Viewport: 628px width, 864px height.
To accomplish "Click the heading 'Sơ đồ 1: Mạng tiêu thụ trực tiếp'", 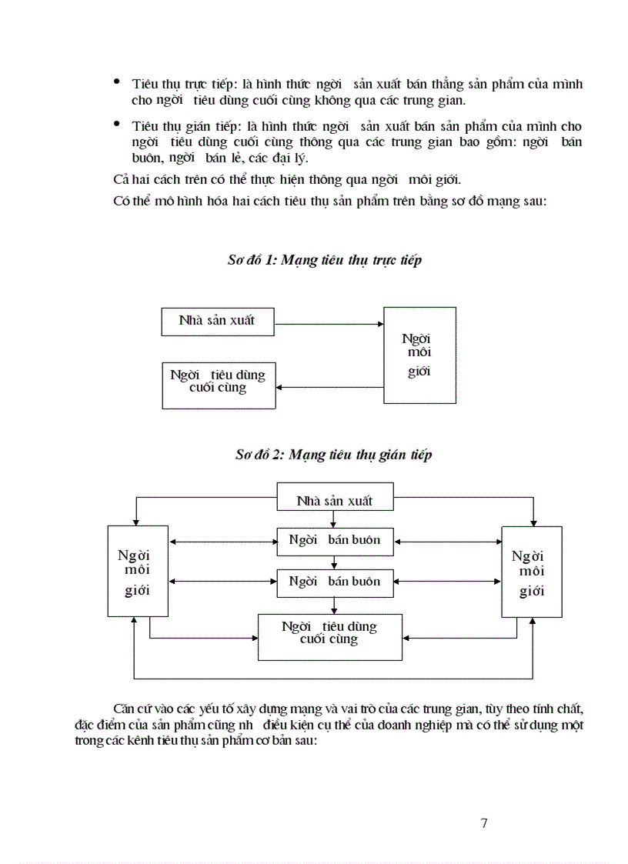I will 324,260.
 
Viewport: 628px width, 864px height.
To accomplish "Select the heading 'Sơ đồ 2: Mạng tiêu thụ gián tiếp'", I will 333,455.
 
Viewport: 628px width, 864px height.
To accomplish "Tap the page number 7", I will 483,823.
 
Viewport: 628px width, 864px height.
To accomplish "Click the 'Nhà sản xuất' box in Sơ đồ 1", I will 218,322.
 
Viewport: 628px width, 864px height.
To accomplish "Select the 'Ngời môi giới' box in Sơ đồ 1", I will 419,355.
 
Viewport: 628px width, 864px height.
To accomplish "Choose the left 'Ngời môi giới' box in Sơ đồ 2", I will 138,571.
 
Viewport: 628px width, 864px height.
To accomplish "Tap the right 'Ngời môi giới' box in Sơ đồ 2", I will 531,571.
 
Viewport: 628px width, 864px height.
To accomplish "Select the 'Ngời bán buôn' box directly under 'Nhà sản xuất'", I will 335,541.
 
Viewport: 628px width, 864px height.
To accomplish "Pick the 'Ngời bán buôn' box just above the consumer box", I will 335,582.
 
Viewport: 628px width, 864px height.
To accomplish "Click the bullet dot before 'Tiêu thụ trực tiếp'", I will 117,81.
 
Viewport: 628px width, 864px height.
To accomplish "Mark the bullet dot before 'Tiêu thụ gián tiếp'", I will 117,123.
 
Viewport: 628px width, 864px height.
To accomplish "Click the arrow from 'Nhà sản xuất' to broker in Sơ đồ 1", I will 329,323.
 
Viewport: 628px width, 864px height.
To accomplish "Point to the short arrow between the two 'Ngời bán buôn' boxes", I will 335,562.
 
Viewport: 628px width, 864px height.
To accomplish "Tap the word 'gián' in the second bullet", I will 193,126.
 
